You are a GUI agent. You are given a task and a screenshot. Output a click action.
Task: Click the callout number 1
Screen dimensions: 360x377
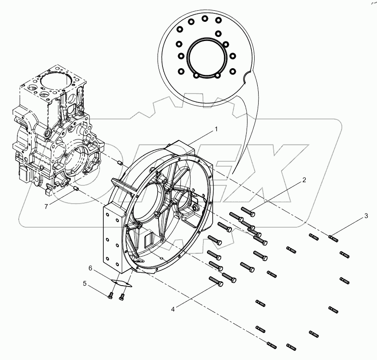pos(216,129)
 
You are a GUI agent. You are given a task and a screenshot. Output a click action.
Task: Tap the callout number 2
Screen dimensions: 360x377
pos(304,180)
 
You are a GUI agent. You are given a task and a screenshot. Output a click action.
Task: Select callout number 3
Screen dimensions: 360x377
pos(366,216)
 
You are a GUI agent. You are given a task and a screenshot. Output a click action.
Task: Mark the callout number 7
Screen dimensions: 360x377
pos(46,205)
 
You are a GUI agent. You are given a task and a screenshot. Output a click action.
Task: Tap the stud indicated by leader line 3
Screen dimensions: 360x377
pos(334,238)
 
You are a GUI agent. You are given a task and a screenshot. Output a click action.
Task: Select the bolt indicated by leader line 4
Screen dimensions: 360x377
pos(216,282)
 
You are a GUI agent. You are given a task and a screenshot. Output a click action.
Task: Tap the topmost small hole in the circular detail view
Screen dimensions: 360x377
pos(205,19)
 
